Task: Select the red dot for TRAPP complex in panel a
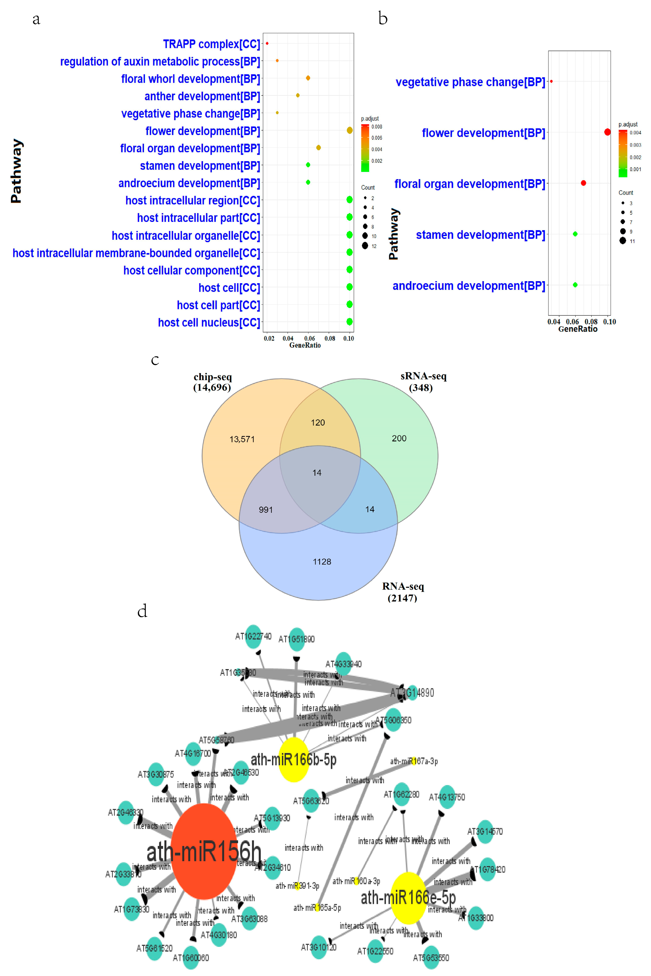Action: click(x=267, y=43)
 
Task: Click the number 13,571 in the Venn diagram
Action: click(x=242, y=439)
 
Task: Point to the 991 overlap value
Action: click(x=266, y=510)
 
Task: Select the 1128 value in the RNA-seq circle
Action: click(x=322, y=562)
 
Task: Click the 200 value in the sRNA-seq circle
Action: click(x=399, y=438)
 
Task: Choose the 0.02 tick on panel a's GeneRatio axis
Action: click(x=269, y=338)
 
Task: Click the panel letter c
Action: click(x=155, y=360)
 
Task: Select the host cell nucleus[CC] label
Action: click(x=209, y=322)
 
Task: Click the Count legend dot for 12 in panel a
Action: click(x=365, y=246)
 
